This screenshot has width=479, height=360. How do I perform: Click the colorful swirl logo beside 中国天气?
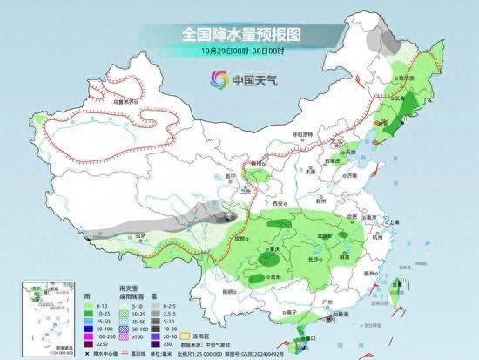point(215,80)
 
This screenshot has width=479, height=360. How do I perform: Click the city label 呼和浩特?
point(300,133)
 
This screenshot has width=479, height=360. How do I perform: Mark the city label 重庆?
point(278,247)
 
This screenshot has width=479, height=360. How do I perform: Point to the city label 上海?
point(395,222)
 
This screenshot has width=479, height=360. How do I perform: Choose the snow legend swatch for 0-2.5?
point(152,307)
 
